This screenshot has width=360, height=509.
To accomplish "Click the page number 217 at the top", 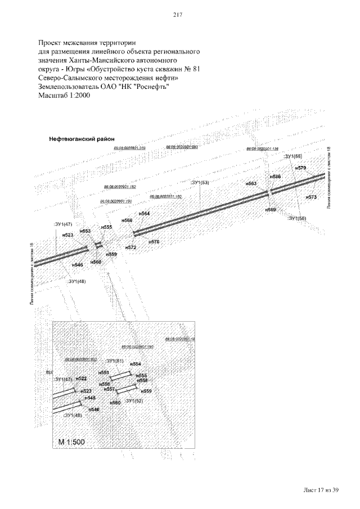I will [180, 15].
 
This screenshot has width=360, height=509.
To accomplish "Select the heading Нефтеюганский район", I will [82, 138].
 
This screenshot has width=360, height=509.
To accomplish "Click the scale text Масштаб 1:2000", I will [64, 96].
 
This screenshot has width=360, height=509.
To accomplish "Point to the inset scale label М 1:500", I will [71, 443].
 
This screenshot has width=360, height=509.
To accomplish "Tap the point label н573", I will [312, 197].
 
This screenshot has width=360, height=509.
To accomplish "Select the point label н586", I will [275, 177].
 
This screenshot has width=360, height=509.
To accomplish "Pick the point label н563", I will [251, 184].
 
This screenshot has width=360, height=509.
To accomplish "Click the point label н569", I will [271, 209].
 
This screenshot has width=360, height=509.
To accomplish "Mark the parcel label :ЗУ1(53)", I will [200, 183].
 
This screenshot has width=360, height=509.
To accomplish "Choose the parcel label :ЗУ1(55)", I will [294, 155].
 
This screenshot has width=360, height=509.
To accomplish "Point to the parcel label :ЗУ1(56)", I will [297, 218].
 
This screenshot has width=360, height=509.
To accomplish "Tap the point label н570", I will [154, 241].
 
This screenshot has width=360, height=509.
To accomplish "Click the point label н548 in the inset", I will [90, 398].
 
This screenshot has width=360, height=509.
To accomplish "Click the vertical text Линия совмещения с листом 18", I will [328, 177].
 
